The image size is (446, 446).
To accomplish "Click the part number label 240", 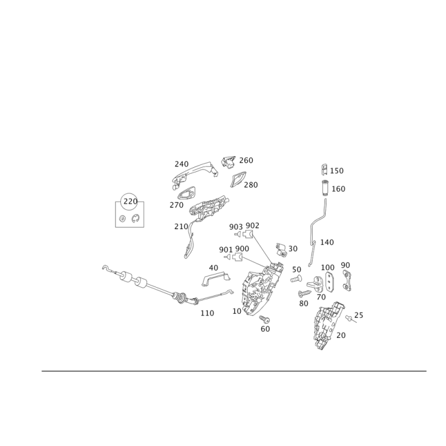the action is coord(182,164).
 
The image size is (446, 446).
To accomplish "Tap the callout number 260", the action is coord(246,161).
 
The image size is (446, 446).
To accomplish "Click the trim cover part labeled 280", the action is coord(239,179).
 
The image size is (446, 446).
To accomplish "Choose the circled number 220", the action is coord(130,201).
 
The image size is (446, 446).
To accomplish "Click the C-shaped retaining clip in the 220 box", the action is coord(135,219).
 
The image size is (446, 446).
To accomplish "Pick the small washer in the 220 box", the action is coord(123,219).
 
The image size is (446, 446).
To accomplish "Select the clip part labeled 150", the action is coord(324,169).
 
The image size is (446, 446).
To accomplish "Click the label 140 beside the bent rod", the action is coord(327,243).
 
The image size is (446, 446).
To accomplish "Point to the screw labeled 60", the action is coord(265,319).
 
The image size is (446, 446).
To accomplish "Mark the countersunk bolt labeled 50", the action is coord(297,279).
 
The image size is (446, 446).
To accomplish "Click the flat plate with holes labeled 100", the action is coord(329,282).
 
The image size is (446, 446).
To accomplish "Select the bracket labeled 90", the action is coord(347,280).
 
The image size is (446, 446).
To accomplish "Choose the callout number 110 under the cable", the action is coord(207,313).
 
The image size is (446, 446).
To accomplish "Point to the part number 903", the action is coord(236,227).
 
